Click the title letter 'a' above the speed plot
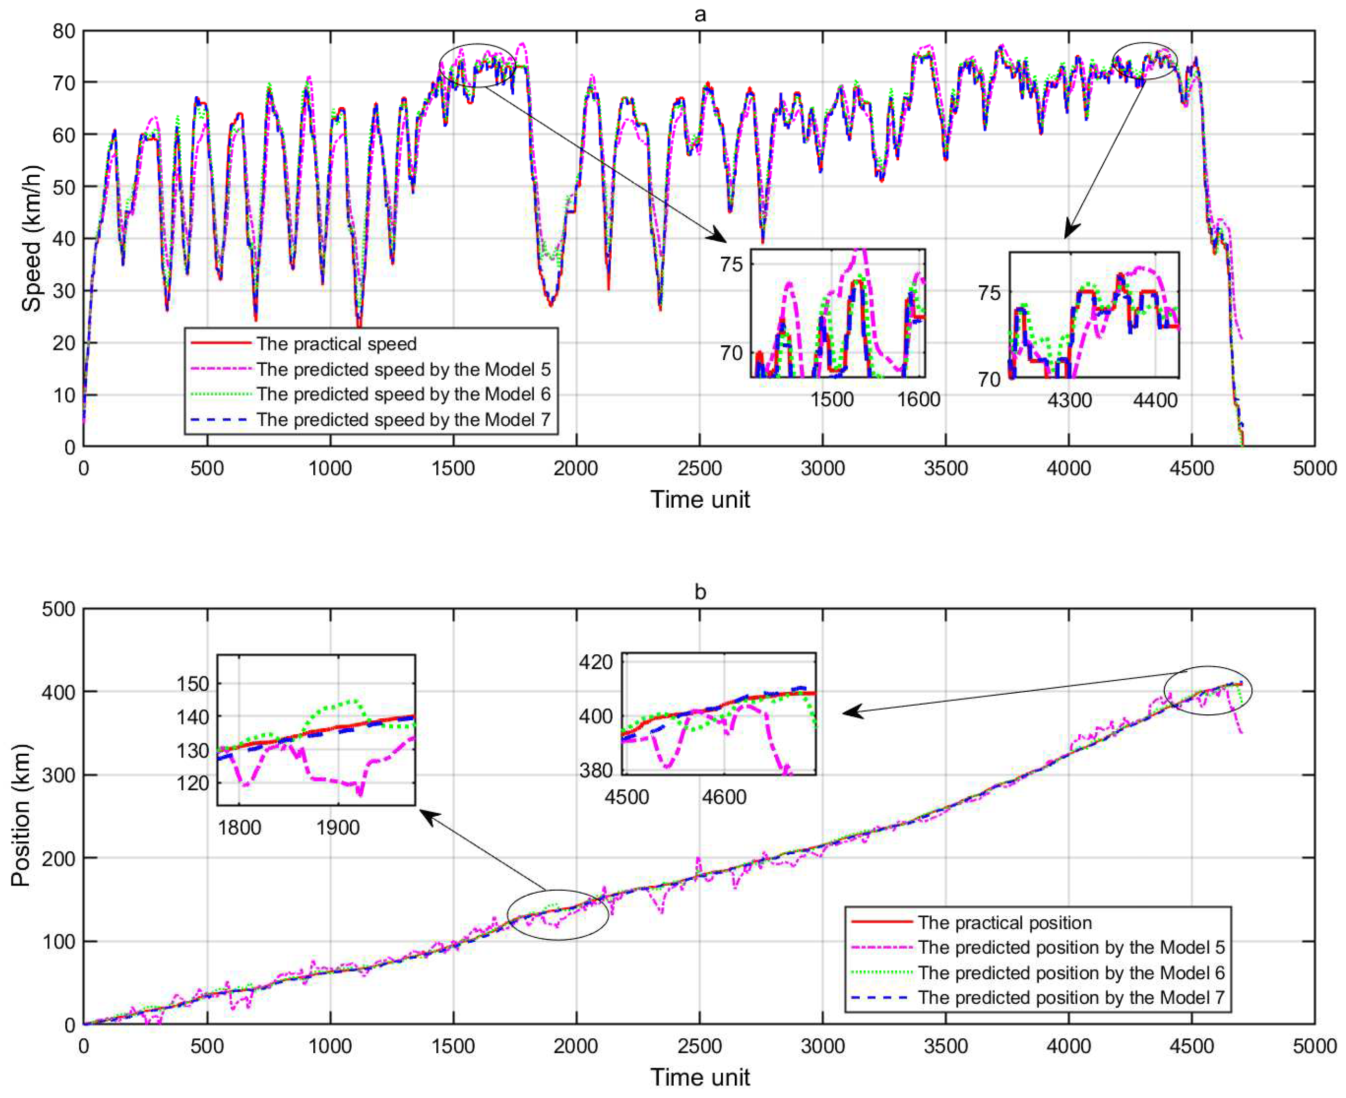tap(699, 14)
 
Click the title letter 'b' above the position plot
tap(699, 592)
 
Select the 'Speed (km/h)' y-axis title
tap(30, 238)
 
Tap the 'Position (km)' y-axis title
tap(20, 816)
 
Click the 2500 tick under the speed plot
tap(699, 469)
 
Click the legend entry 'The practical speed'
tap(336, 344)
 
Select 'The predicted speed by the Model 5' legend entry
tap(403, 369)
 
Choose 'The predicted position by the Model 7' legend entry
tap(1070, 998)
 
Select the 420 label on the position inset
tap(595, 662)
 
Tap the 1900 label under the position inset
tap(338, 827)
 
